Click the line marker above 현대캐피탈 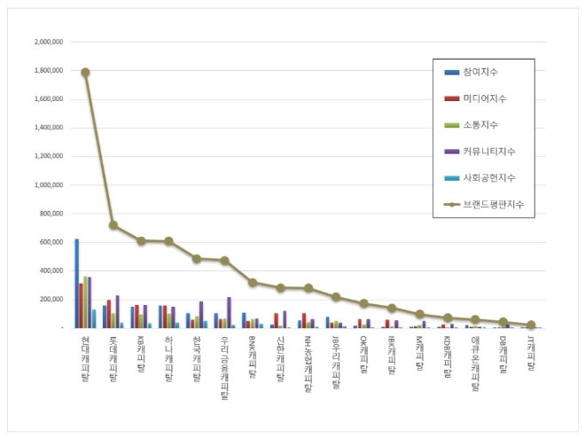[85, 73]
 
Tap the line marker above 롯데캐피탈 [113, 225]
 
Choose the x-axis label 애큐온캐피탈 [476, 363]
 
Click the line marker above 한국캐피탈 [197, 258]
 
